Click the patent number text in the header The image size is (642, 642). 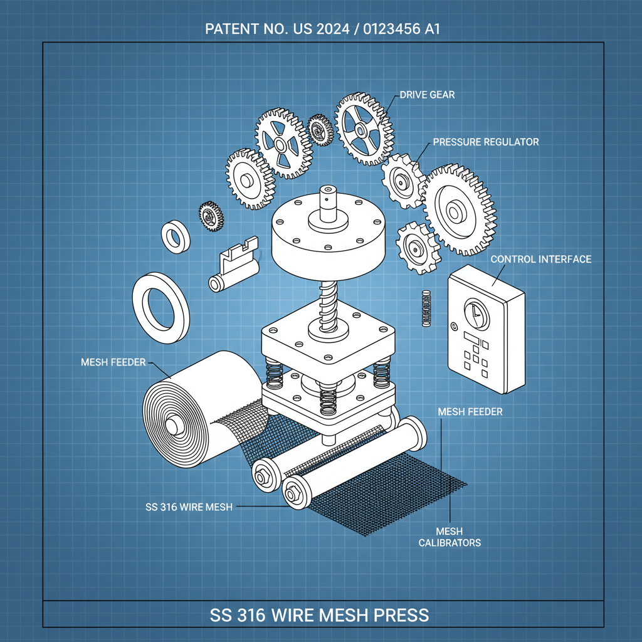(x=320, y=29)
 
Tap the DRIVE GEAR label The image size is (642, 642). (x=427, y=95)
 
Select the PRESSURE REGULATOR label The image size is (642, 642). (x=485, y=142)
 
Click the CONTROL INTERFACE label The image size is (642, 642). (x=540, y=259)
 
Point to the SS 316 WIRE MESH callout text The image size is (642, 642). (x=189, y=507)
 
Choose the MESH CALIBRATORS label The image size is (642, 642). (x=450, y=537)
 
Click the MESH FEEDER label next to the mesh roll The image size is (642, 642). (x=113, y=362)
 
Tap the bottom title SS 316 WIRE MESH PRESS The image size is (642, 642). (x=320, y=614)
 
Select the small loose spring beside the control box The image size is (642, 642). (x=426, y=308)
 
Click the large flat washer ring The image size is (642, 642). (x=160, y=301)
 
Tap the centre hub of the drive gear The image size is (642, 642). (x=361, y=129)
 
